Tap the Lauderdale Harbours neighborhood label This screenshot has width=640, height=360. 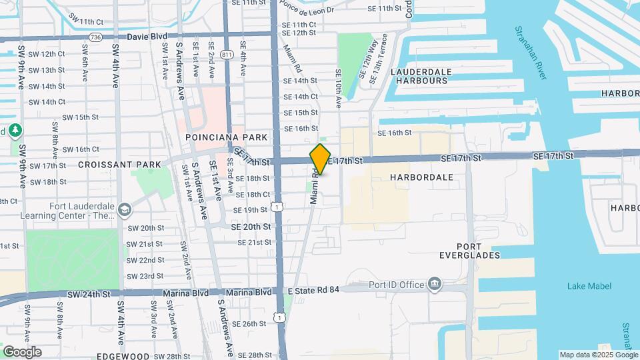coord(421,76)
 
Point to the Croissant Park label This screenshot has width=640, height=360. coord(120,164)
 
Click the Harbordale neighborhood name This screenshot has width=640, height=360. coord(421,177)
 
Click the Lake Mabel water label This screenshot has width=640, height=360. coord(587,286)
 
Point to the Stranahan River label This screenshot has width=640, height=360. coord(531,53)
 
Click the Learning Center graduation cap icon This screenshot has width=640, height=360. coord(124,211)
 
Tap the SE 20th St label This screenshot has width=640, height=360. coord(251,227)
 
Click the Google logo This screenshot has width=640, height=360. coord(22,352)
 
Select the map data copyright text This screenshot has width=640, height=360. coord(598,355)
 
